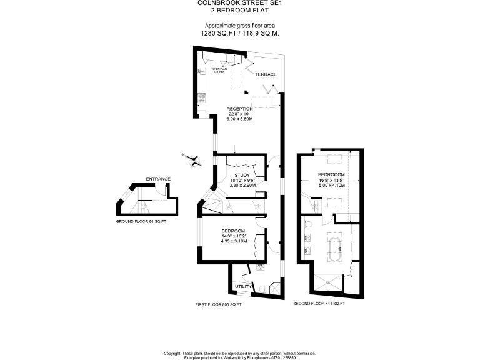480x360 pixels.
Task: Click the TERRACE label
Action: click(266, 74)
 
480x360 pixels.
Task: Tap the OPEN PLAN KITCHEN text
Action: click(219, 71)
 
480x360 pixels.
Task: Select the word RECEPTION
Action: click(239, 109)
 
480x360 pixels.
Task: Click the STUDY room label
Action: click(242, 175)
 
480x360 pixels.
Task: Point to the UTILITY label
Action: click(242, 286)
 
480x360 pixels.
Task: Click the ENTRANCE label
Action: click(157, 179)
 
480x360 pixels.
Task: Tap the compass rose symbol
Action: click(191, 159)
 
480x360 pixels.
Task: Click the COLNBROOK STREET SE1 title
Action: click(240, 3)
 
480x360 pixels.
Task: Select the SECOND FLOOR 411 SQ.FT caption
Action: click(319, 304)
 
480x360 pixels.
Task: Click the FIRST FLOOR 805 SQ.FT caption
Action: click(218, 304)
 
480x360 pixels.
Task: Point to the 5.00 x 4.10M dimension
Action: click(331, 186)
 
